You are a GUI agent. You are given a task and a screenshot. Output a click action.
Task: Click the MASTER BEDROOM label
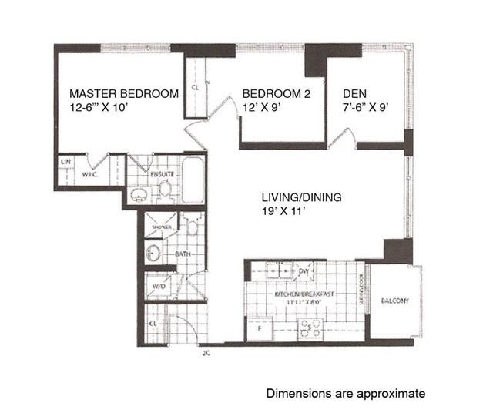(123, 94)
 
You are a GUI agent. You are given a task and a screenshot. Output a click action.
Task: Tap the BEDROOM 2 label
(269, 94)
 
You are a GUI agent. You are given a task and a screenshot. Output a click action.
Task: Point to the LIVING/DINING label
(301, 197)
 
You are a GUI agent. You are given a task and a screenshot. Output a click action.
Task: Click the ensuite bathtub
(194, 179)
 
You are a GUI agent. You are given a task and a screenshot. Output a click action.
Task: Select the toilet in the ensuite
(163, 187)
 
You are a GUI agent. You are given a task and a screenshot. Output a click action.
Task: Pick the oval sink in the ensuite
(139, 193)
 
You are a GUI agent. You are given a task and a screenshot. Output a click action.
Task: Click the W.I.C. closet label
(89, 174)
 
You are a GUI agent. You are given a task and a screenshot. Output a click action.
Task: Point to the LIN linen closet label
(65, 162)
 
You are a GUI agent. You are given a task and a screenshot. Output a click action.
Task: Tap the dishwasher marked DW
(304, 271)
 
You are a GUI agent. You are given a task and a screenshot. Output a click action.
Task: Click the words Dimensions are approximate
(345, 394)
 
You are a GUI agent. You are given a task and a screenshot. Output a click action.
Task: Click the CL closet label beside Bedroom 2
(195, 88)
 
